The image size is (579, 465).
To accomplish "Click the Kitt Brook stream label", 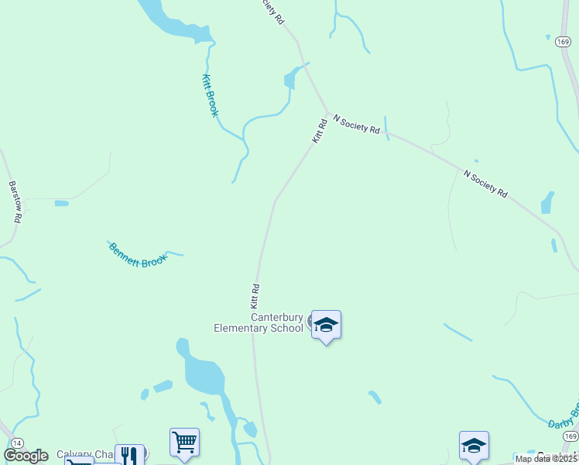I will [x=211, y=95].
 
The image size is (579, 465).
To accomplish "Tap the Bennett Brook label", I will [x=138, y=255].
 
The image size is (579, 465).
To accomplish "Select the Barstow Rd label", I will [x=14, y=202].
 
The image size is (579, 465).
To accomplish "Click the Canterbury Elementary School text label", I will [x=259, y=322].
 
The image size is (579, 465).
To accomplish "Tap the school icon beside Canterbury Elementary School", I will [x=326, y=325].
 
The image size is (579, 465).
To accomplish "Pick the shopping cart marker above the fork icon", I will [x=184, y=443].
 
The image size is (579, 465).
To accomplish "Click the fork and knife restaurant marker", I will [x=129, y=456].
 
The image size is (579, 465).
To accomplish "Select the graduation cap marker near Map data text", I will [x=474, y=446].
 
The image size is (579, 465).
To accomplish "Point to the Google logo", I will [x=26, y=456].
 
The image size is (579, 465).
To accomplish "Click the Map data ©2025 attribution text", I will [x=546, y=459].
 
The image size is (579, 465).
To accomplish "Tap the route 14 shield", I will [x=16, y=441].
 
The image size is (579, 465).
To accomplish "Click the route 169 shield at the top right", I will [x=564, y=42].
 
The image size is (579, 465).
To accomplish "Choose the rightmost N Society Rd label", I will [x=485, y=183].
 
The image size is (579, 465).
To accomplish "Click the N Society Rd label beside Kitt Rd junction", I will [x=356, y=124].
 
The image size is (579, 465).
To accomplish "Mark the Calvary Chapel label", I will [x=85, y=455].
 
